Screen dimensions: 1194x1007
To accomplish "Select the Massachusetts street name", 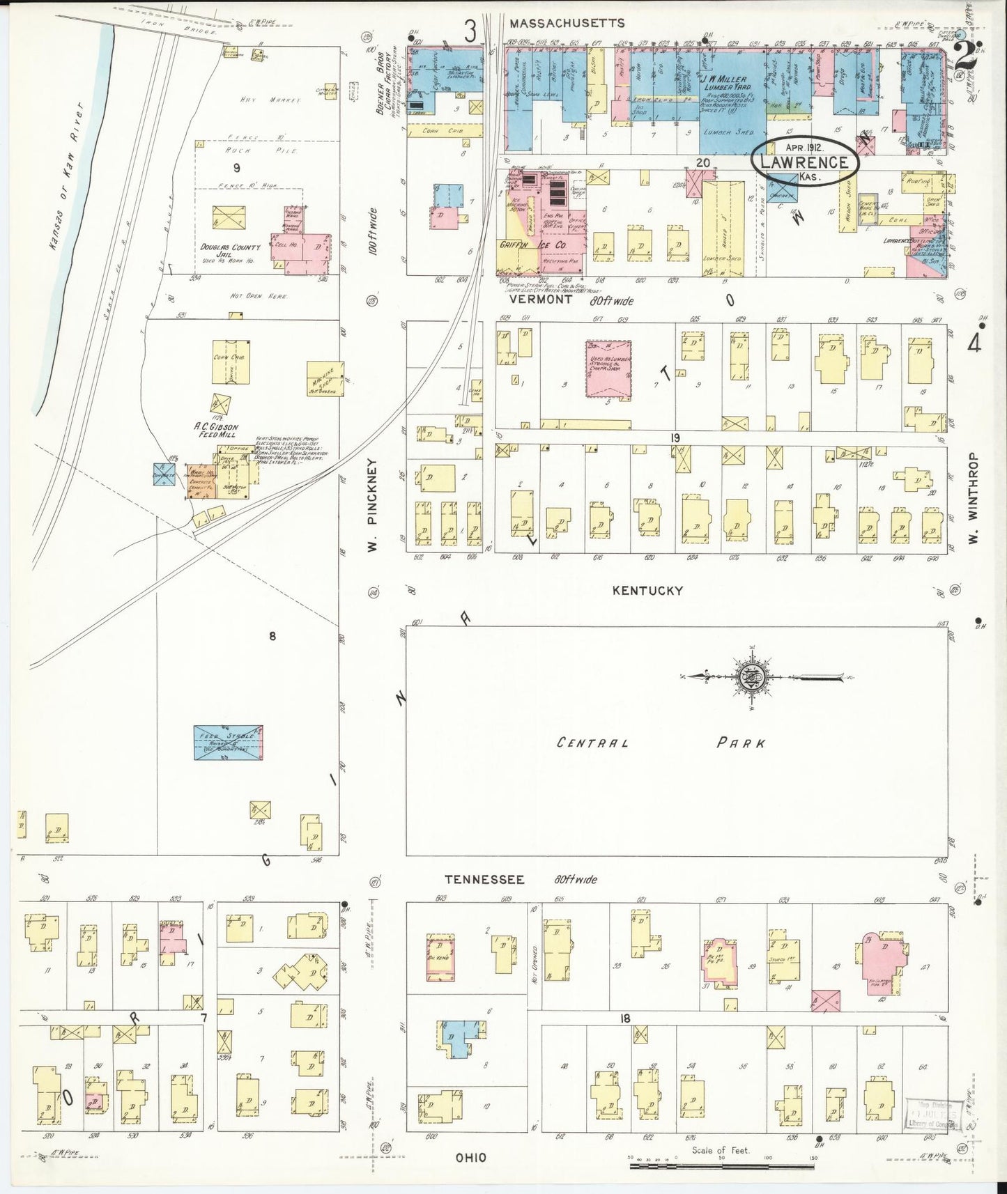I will pos(567,24).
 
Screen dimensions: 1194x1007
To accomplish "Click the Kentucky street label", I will pos(647,591).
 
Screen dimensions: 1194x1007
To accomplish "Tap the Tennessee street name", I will pos(484,880).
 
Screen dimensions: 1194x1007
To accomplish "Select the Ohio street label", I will pos(471,1158).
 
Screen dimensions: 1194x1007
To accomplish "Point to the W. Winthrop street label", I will pos(974,499).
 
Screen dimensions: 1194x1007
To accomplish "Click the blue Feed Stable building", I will pos(228,743).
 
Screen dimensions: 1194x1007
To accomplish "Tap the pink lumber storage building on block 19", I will pos(608,368).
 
